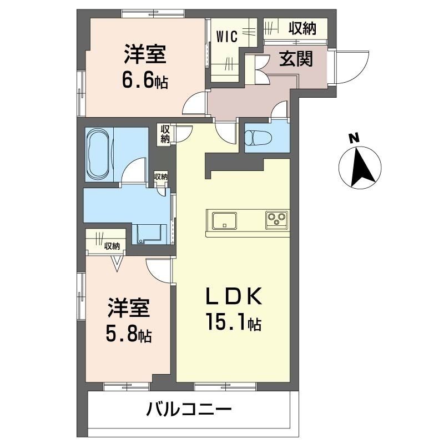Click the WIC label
227,37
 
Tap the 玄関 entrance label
296,58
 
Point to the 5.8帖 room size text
129,335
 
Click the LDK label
233,298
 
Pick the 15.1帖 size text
233,323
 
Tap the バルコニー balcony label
188,411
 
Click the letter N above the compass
354,138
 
